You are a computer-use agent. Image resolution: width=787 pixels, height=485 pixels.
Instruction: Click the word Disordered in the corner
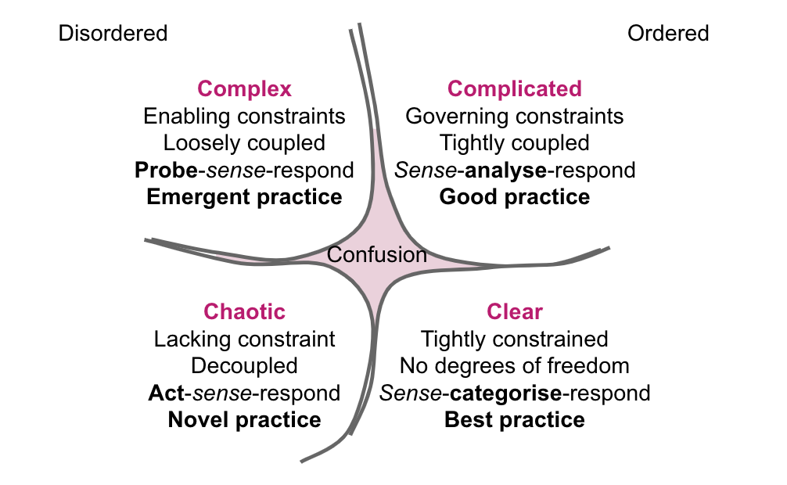pos(113,33)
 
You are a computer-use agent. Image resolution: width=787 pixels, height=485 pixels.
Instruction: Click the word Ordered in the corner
pos(668,33)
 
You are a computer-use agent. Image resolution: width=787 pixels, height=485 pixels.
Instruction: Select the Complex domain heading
pos(244,88)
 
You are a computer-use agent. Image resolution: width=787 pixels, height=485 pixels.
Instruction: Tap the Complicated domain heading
pos(514,88)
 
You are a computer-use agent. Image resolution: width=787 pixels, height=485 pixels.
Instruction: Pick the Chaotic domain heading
pos(244,311)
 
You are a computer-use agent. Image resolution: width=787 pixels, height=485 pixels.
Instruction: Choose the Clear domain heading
pos(514,311)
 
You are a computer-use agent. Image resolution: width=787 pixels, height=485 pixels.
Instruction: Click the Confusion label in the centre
pos(376,254)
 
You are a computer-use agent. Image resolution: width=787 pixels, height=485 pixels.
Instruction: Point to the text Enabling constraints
pos(244,117)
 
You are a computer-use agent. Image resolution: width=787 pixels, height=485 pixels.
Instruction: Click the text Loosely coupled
pos(244,143)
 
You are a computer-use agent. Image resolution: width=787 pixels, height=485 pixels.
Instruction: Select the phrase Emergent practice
pos(244,196)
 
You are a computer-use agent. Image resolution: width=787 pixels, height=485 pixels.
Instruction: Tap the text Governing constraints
pos(514,117)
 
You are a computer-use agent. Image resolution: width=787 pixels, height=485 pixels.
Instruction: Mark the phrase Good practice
pos(514,196)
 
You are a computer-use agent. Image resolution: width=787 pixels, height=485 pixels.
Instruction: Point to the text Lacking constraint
pos(244,339)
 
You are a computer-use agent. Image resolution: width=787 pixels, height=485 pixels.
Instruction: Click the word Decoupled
pos(244,365)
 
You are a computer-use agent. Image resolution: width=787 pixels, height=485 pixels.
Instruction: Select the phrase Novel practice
pos(244,419)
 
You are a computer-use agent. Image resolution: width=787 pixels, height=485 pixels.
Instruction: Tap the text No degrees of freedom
pos(514,365)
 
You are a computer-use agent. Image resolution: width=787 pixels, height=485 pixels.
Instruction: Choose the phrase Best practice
pos(514,419)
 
